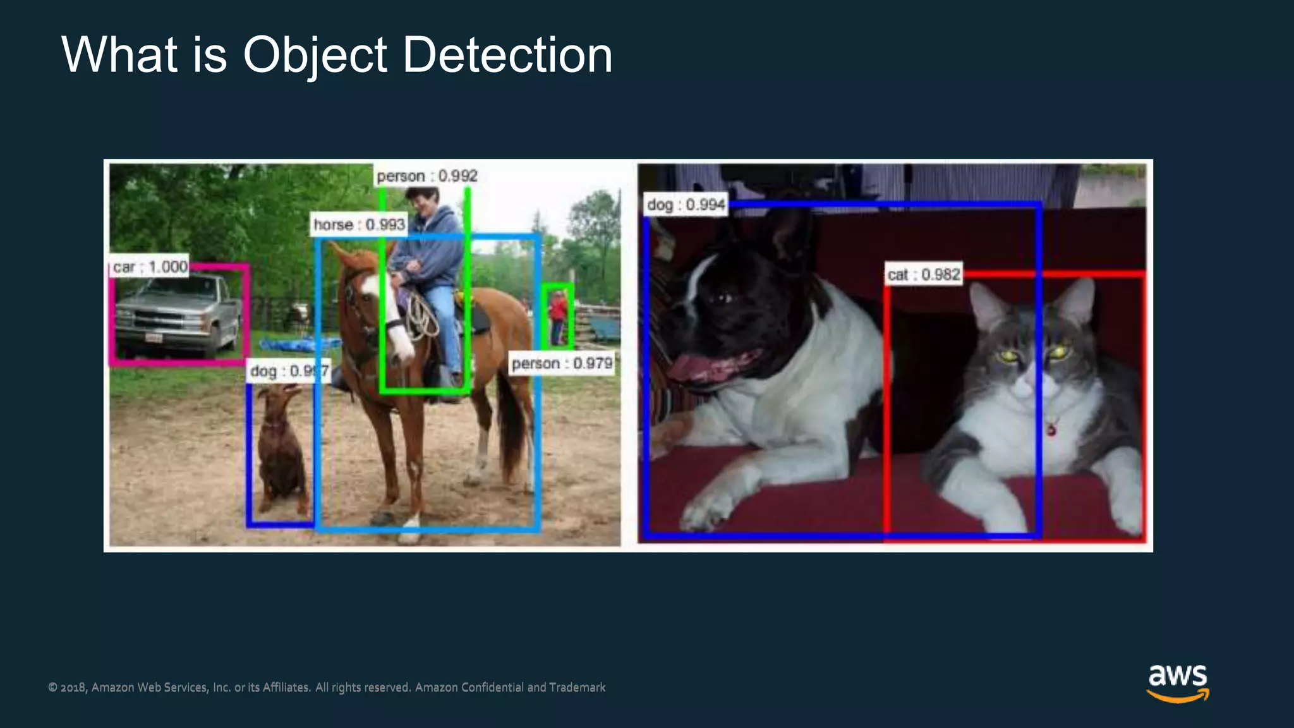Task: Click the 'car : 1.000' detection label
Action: coord(150,267)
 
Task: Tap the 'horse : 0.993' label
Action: coord(359,225)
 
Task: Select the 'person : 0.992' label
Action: coord(427,176)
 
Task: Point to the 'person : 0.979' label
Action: coord(562,364)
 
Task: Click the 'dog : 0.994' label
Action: coord(686,205)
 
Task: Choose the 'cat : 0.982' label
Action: coord(924,275)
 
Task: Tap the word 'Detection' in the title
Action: coord(507,56)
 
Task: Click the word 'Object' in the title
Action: coord(315,56)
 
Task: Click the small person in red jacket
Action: coord(558,316)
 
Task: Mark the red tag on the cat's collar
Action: coord(1051,430)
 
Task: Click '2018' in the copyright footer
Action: coord(73,688)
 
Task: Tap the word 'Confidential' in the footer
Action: coord(492,688)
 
